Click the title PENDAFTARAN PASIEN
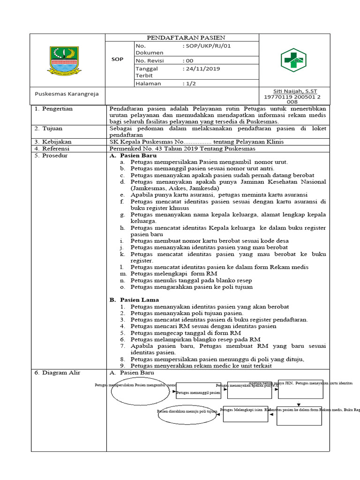click(x=186, y=37)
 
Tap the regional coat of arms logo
click(x=64, y=60)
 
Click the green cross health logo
click(x=292, y=60)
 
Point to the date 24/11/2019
click(x=202, y=68)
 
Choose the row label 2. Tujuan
click(x=50, y=128)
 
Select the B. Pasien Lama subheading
click(x=134, y=300)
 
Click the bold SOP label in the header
click(x=117, y=60)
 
